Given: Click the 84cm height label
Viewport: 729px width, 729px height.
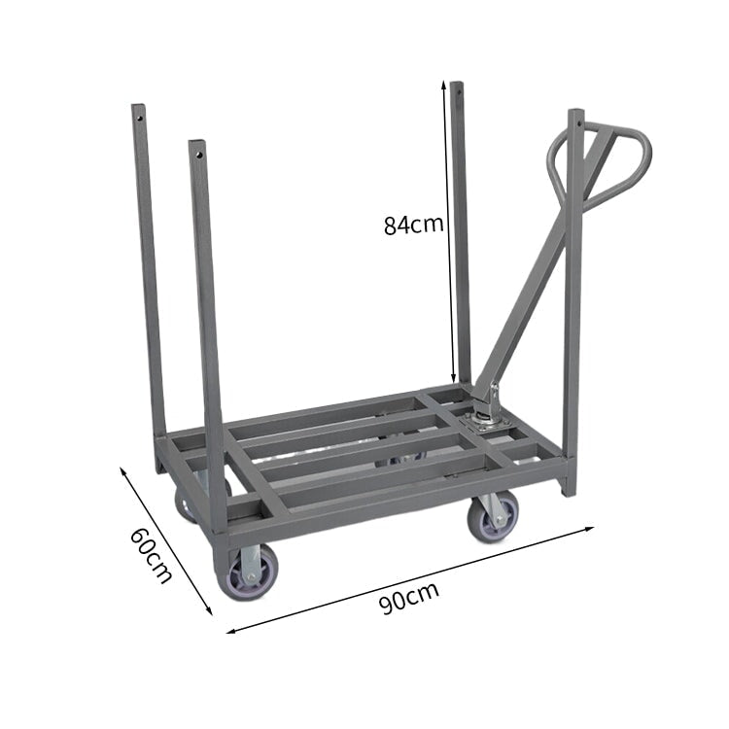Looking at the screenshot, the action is click(413, 226).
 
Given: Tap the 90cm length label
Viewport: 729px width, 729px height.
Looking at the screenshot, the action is click(408, 598).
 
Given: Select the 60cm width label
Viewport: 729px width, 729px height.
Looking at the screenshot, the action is click(150, 556).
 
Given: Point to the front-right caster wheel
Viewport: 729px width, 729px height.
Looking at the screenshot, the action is click(494, 516).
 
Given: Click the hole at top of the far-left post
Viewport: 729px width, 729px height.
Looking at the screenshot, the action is click(139, 118).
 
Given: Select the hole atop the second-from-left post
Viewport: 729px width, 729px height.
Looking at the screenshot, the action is click(198, 153).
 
